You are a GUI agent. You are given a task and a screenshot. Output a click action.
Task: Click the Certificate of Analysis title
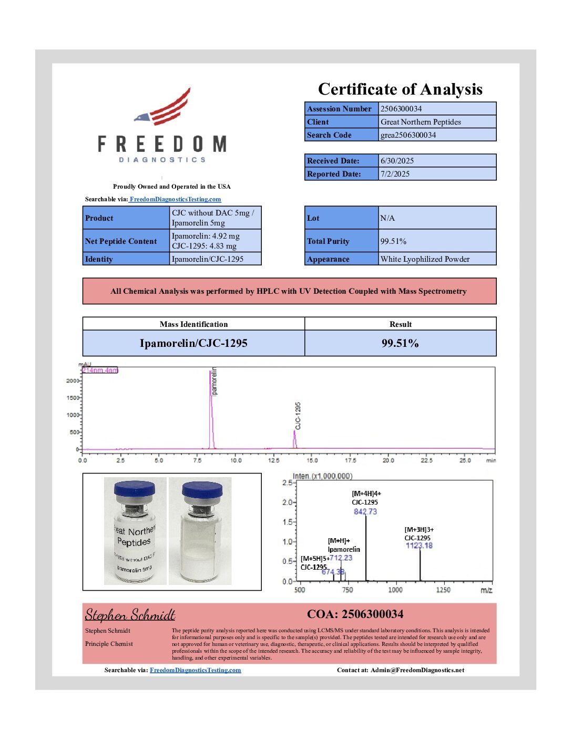pyautogui.click(x=400, y=89)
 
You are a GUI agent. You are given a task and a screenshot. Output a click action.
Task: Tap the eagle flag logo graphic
pyautogui.click(x=164, y=109)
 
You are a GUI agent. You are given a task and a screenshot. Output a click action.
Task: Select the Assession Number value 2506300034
pyautogui.click(x=401, y=109)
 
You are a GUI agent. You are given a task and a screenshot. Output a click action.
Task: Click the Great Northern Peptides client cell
pyautogui.click(x=421, y=122)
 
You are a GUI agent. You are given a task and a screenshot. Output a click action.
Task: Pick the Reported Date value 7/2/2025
pyautogui.click(x=395, y=174)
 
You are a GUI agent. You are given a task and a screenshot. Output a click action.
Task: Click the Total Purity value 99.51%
pyautogui.click(x=393, y=241)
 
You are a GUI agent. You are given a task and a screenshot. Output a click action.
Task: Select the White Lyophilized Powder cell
pyautogui.click(x=425, y=259)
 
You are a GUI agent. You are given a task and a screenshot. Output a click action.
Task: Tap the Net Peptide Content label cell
pyautogui.click(x=121, y=241)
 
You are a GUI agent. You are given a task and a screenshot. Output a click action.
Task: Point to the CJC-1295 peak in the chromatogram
pyautogui.click(x=294, y=439)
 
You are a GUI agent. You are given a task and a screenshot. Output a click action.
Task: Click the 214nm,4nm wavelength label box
pyautogui.click(x=99, y=371)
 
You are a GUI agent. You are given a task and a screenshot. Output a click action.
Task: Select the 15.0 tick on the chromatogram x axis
pyautogui.click(x=312, y=460)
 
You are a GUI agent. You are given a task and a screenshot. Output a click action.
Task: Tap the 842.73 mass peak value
pyautogui.click(x=365, y=511)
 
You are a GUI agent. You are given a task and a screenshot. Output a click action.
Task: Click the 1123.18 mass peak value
pyautogui.click(x=419, y=546)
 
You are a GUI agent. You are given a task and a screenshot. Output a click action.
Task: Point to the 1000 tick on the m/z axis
pyautogui.click(x=395, y=590)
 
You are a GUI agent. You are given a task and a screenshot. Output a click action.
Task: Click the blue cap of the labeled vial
pyautogui.click(x=135, y=489)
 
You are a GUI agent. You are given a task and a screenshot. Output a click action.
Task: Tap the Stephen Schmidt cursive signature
pyautogui.click(x=130, y=615)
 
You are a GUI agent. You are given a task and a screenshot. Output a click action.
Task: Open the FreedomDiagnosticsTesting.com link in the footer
pyautogui.click(x=195, y=670)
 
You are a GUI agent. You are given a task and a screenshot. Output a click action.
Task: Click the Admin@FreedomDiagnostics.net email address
pyautogui.click(x=417, y=670)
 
